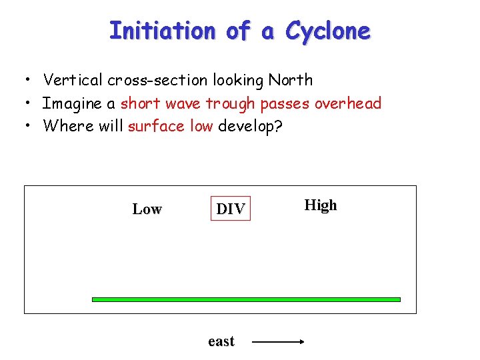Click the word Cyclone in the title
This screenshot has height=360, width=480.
[327, 31]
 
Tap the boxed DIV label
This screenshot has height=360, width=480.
[231, 209]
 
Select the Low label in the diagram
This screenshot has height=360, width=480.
[147, 209]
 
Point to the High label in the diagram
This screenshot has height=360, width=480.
[321, 205]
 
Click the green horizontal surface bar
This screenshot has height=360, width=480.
[246, 299]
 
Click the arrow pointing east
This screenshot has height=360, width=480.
[278, 342]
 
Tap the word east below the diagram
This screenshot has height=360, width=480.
[221, 342]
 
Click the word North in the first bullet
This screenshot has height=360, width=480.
[291, 80]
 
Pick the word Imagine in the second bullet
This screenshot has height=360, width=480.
[69, 103]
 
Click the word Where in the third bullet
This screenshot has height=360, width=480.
[65, 126]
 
